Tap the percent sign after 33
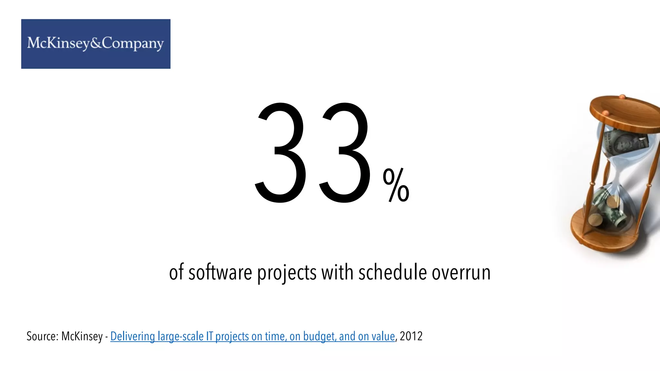click(396, 186)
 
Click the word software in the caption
click(220, 272)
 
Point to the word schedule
click(393, 272)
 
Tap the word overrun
click(461, 272)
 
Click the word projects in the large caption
click(286, 273)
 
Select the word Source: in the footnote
click(42, 336)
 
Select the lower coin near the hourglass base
click(595, 221)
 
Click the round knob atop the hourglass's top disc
click(622, 96)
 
